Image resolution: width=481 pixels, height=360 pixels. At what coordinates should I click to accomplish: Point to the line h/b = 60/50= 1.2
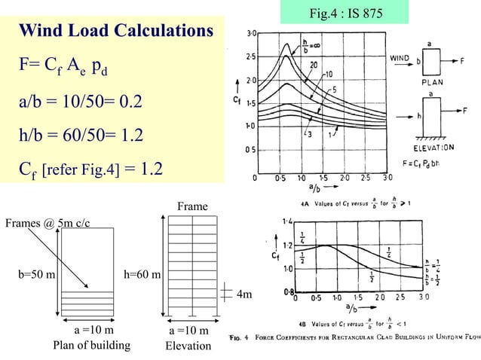[x=81, y=136]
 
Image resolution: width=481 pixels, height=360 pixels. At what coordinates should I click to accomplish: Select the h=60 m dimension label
[x=141, y=275]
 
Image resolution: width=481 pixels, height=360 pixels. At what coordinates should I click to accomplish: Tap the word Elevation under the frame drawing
[x=188, y=346]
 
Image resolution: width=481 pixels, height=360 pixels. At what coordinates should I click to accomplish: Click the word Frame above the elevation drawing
[x=189, y=205]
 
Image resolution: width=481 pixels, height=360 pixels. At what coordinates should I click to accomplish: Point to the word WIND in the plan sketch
[x=400, y=56]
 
